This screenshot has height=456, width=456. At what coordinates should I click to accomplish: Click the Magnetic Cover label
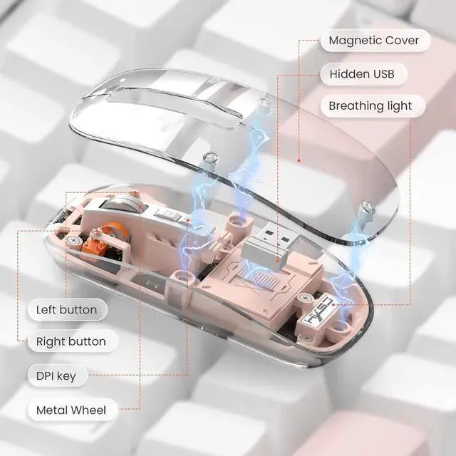point(374,40)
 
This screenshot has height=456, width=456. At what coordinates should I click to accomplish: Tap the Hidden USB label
point(367,73)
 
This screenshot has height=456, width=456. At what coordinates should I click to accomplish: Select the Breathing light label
point(370,106)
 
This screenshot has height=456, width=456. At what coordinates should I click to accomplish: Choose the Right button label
point(71,341)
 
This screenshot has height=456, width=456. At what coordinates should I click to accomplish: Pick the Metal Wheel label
point(71,410)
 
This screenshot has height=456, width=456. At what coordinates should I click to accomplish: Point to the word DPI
point(49,375)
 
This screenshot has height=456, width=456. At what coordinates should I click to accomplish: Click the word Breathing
point(357,106)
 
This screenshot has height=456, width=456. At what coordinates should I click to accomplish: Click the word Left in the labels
point(48,310)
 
